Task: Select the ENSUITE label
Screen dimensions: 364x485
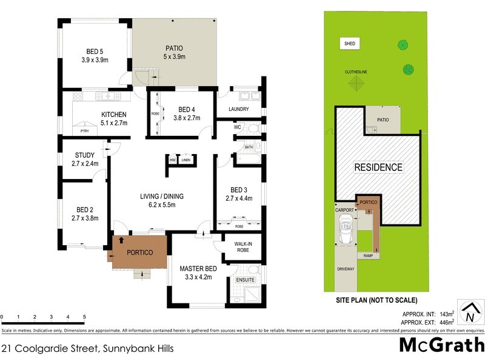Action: (x=244, y=280)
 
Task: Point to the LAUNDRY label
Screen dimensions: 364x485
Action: (x=240, y=109)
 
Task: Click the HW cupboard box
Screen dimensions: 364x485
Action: (x=173, y=160)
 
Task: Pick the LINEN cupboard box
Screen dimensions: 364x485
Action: (x=186, y=160)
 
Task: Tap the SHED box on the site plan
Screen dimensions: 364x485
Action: (x=349, y=44)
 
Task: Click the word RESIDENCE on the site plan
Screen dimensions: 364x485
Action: (x=378, y=167)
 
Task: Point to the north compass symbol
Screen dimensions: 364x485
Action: (x=469, y=314)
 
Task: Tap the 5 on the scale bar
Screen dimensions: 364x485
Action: (x=84, y=317)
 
